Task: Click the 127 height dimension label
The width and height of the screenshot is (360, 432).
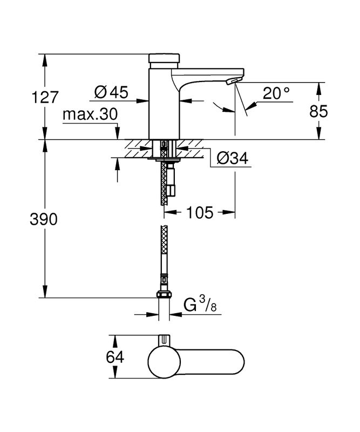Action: [45, 97]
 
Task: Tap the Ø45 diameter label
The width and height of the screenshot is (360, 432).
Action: [111, 92]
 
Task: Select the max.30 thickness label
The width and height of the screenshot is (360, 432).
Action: [90, 114]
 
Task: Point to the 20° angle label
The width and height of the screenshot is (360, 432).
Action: [276, 93]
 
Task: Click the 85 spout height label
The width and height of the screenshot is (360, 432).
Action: [318, 111]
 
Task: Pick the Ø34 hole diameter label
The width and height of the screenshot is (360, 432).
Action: [232, 158]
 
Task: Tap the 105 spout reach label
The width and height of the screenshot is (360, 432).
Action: [200, 212]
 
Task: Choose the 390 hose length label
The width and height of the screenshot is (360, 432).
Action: [44, 220]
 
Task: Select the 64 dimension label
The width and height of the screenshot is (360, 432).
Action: [115, 357]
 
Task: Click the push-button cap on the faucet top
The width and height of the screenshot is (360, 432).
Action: [165, 58]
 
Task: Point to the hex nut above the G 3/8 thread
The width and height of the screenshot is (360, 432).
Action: [164, 294]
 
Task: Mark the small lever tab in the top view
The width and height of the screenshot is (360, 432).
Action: [165, 340]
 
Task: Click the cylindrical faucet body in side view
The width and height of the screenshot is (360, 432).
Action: [164, 103]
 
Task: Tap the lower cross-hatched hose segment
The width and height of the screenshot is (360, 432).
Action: [164, 249]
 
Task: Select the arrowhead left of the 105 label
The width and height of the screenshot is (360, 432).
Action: [170, 212]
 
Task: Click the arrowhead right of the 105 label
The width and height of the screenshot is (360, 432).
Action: [229, 212]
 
